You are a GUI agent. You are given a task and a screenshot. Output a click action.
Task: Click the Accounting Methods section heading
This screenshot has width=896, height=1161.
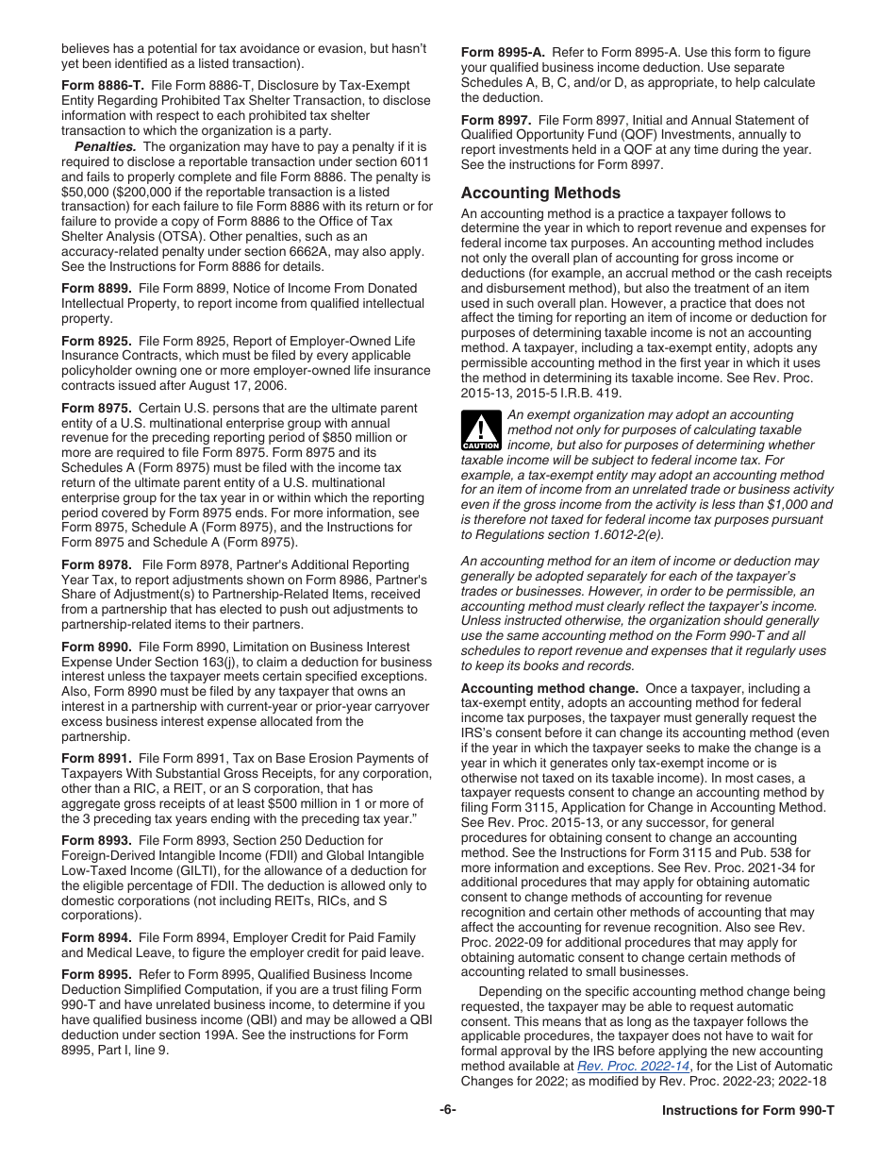[x=540, y=193]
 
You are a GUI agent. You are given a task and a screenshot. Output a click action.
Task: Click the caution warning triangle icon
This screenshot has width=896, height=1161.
[x=481, y=430]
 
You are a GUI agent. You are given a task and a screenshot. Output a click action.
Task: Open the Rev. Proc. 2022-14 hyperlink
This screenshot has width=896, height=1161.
[x=634, y=1066]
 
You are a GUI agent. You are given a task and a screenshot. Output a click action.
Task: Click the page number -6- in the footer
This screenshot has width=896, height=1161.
[x=447, y=1110]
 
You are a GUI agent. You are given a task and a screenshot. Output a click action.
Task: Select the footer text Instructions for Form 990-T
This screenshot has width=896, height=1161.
[x=748, y=1110]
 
